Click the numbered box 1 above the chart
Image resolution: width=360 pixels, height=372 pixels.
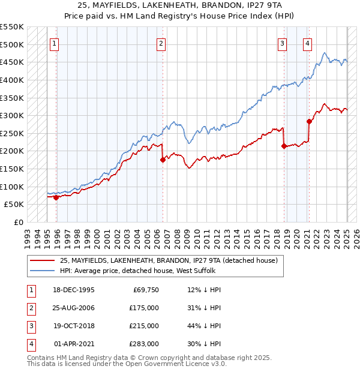coord(55,43)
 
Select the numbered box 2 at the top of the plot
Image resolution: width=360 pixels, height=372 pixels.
coord(161,43)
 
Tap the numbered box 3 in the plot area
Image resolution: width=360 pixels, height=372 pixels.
coord(282,43)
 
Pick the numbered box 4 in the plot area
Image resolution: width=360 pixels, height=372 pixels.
coord(307,43)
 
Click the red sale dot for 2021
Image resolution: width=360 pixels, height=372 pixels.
coord(309,121)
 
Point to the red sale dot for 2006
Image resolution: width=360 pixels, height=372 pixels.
coord(163,160)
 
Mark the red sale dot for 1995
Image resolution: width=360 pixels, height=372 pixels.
coord(56,197)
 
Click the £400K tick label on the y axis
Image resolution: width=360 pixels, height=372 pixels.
coord(12,80)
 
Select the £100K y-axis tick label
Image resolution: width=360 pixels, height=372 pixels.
coord(12,187)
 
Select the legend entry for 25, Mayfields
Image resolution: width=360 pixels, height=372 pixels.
coord(169,261)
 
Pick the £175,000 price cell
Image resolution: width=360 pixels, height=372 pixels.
coord(145,308)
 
